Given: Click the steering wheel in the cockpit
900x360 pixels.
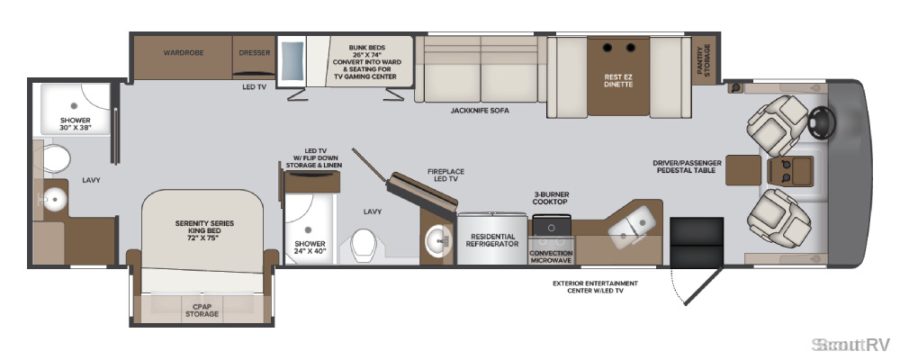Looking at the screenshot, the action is click(821, 121).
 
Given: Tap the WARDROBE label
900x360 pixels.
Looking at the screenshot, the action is click(184, 53).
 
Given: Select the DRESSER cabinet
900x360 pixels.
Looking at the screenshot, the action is click(255, 57).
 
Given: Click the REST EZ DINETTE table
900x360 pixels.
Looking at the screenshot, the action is click(618, 76).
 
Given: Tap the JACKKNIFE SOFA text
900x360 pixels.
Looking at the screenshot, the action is click(480, 110).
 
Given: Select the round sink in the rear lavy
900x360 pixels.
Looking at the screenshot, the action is click(55, 199).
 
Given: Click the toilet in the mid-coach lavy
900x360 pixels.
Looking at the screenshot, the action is click(363, 245).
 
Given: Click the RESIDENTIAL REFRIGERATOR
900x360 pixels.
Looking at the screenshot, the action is click(492, 238).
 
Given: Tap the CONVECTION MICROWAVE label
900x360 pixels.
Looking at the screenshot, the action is click(551, 256).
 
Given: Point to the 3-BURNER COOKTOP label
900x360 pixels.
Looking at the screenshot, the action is click(550, 198).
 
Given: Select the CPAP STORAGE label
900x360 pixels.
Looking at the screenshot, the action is click(202, 310).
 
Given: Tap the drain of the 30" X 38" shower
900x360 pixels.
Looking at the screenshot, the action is click(74, 105).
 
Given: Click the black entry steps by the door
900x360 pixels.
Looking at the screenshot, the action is click(697, 241).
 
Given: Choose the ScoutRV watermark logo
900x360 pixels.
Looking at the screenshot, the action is click(850, 344).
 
